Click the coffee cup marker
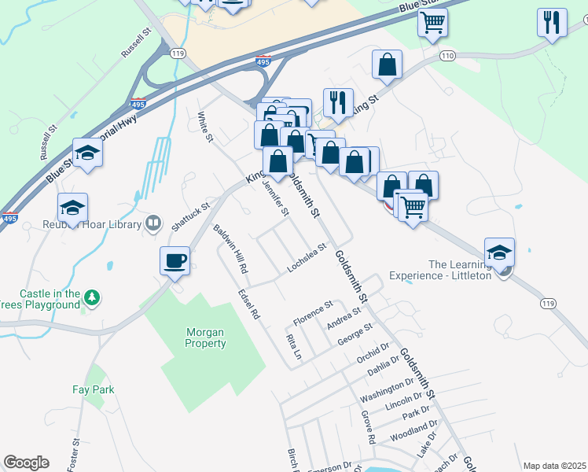[175, 260]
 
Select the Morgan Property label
[206, 337]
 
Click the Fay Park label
[94, 389]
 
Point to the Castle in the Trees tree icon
[93, 297]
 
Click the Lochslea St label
[307, 257]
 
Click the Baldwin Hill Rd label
[231, 249]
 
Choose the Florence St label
[314, 312]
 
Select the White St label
[205, 127]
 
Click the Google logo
[26, 463]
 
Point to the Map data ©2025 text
[555, 466]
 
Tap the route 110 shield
[448, 56]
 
